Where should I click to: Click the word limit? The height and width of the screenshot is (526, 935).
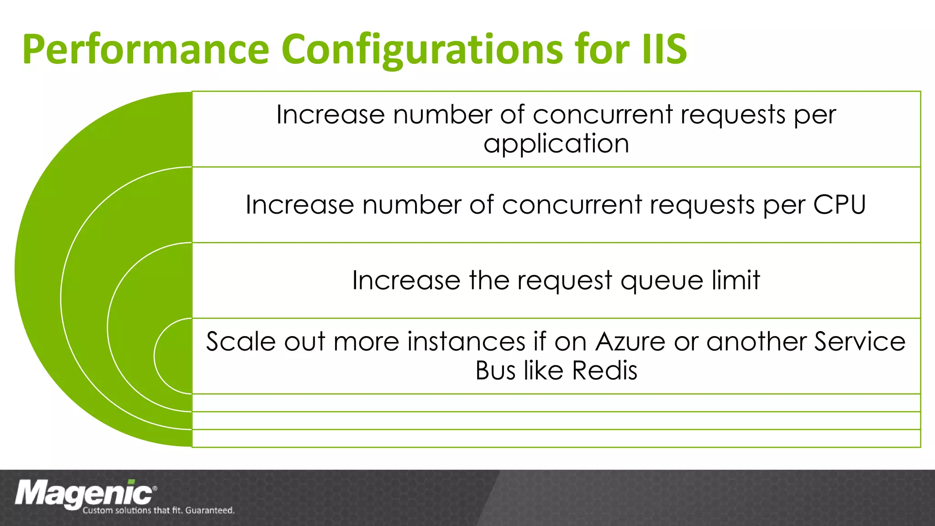coord(736,280)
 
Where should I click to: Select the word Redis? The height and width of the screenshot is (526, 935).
coord(604,370)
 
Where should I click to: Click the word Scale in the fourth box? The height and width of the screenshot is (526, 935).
coord(241,342)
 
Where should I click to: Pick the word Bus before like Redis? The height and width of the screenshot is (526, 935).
coord(495,370)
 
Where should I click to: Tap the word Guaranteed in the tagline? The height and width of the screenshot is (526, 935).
coord(210,510)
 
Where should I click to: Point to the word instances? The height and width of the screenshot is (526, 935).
coord(466,342)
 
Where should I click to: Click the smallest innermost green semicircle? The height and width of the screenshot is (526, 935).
coord(176,356)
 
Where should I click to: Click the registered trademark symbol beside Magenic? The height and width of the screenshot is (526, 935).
coord(155,488)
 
